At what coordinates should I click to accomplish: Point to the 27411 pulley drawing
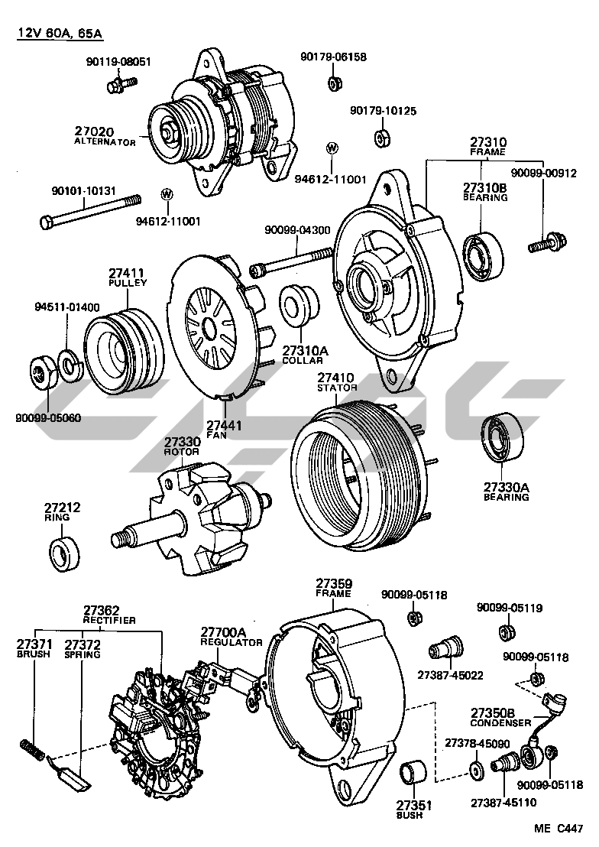[x=120, y=343]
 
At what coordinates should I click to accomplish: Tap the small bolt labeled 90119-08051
[x=117, y=83]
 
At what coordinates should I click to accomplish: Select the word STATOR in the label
[x=337, y=388]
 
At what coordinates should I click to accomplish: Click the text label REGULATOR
[x=232, y=642]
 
